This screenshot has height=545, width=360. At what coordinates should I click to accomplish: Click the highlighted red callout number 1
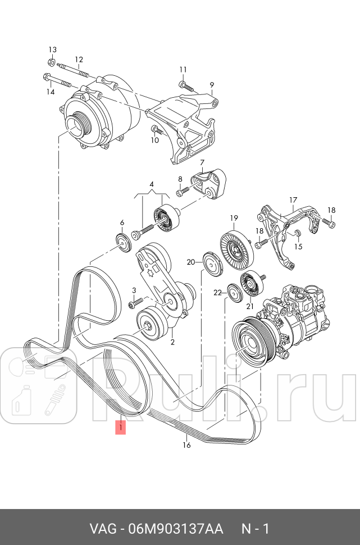coord(121,428)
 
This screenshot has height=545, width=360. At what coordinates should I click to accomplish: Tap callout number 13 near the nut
coord(52,49)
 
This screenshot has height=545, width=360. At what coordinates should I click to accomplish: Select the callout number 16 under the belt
coord(187,445)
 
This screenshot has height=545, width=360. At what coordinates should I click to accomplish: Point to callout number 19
coord(234,218)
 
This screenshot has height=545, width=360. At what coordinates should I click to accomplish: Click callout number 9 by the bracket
coord(212,85)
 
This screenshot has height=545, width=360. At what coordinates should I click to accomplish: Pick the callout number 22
coord(217,293)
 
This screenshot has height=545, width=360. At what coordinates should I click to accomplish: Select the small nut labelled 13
coord(51,62)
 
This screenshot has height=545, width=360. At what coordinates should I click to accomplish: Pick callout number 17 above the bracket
coord(293,199)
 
